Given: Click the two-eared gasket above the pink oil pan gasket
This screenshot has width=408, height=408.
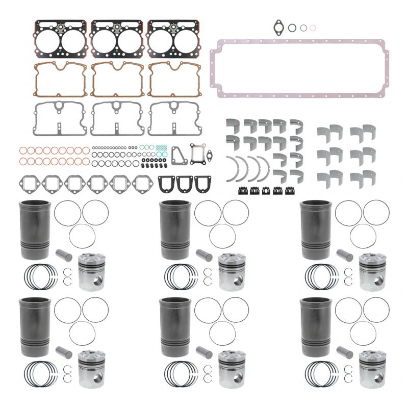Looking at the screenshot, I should pos(278,25).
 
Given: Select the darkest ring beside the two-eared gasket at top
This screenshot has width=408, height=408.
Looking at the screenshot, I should pos(292,28).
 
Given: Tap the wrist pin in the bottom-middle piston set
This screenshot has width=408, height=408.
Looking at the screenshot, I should pos(206,352).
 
